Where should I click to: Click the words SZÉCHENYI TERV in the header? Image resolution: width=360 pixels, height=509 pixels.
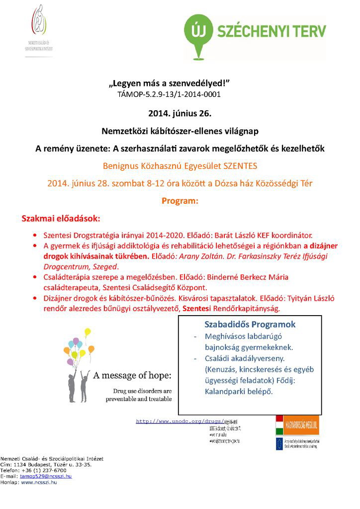click(271, 32)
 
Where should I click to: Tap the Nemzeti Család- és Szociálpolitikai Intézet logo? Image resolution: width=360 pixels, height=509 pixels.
click(40, 30)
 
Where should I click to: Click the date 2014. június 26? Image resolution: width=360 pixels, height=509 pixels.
click(180, 113)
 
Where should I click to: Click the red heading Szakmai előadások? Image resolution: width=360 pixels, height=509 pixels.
click(60, 219)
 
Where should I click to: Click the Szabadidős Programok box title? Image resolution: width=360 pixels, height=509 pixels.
click(250, 325)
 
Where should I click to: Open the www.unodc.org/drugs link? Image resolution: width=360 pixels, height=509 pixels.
click(179, 422)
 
